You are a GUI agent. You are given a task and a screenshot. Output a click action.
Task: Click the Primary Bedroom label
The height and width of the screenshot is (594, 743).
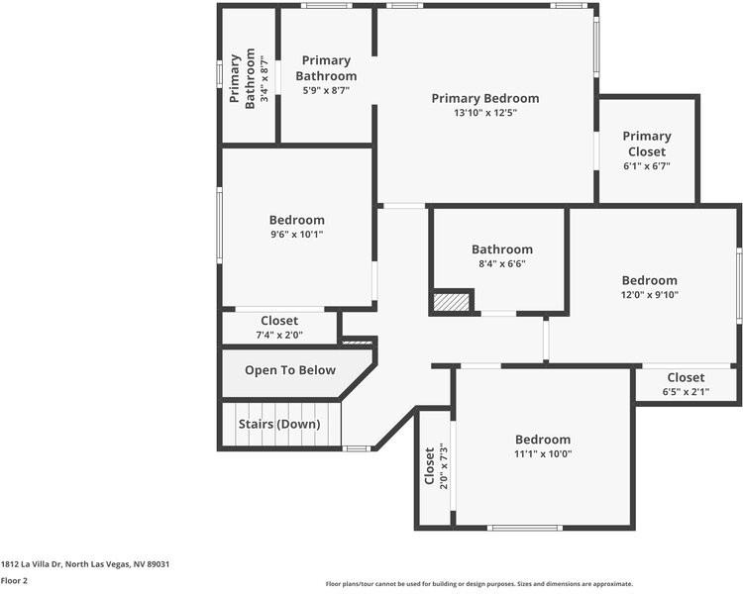point(485,98)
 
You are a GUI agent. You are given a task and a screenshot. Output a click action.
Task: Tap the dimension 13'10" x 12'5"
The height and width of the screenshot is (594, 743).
point(485,113)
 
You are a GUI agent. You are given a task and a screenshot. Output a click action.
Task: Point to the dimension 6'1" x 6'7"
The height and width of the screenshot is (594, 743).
point(647,166)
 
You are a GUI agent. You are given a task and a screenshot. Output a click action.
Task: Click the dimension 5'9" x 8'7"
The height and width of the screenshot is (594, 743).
point(326,90)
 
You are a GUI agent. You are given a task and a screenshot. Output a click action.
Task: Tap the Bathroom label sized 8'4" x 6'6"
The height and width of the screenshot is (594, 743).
point(501,249)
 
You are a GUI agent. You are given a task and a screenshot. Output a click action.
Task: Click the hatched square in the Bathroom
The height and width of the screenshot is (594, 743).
point(452,302)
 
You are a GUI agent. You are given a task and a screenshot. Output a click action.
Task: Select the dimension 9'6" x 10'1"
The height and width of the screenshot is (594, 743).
point(296,235)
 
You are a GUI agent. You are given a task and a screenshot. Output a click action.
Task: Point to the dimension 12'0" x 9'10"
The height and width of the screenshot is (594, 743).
point(649,295)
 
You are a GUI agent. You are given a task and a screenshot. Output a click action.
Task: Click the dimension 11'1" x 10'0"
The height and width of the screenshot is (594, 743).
point(542,454)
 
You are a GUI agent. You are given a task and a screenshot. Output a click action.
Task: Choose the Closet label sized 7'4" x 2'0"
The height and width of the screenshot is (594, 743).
point(279,321)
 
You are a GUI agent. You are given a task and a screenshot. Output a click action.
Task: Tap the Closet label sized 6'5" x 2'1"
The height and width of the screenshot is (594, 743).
point(686,377)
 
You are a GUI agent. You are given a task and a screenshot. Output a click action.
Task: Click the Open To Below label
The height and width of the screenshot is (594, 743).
point(290,370)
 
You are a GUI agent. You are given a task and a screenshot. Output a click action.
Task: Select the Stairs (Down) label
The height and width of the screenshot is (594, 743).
point(279,425)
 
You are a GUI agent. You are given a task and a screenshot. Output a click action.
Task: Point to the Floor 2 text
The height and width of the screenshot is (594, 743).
point(13,581)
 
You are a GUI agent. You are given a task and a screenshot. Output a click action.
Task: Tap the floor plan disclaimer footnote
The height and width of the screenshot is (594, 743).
point(478,584)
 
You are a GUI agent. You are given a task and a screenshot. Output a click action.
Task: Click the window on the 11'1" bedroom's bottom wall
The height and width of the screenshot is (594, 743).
point(526,528)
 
